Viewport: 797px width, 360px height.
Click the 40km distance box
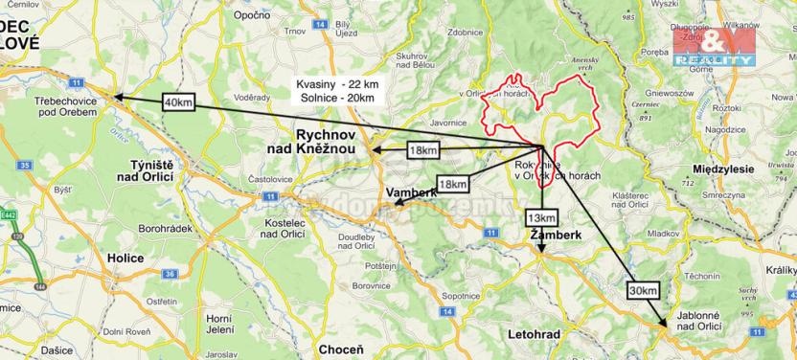(178, 102)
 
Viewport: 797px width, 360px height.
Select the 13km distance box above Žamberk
(540, 218)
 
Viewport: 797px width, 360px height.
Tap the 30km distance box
(645, 290)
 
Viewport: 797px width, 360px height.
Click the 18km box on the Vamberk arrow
(452, 184)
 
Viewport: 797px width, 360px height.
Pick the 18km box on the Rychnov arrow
(422, 150)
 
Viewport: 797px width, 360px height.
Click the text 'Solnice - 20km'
(335, 99)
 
